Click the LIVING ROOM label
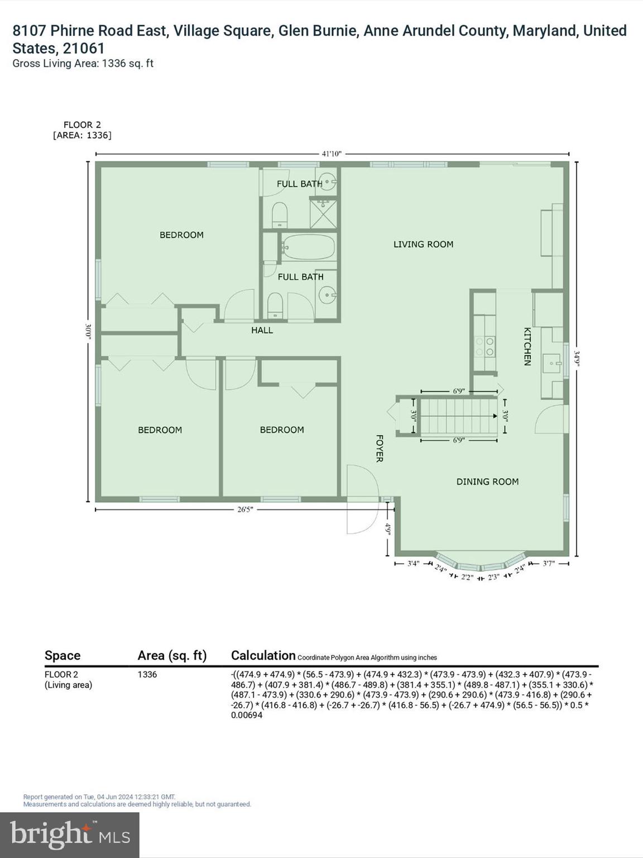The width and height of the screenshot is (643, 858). click(x=423, y=244)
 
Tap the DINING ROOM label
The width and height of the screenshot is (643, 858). click(x=487, y=482)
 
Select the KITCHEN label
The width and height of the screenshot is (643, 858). click(x=527, y=346)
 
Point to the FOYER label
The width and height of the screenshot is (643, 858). click(x=379, y=448)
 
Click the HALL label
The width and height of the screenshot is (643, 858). click(x=262, y=330)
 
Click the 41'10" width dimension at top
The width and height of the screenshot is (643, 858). click(x=331, y=154)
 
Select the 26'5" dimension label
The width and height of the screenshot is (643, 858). click(x=244, y=509)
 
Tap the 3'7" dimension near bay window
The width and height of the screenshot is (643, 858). click(x=549, y=563)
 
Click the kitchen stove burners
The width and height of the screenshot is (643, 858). click(x=484, y=346)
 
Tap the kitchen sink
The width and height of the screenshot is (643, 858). click(x=555, y=364)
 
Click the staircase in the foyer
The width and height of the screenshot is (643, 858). click(x=458, y=416)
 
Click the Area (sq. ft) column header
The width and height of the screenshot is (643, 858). click(x=172, y=656)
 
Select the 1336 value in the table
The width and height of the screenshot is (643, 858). click(x=147, y=674)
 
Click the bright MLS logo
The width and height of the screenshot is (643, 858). click(x=70, y=835)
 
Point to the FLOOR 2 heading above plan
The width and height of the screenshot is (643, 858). click(x=82, y=125)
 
